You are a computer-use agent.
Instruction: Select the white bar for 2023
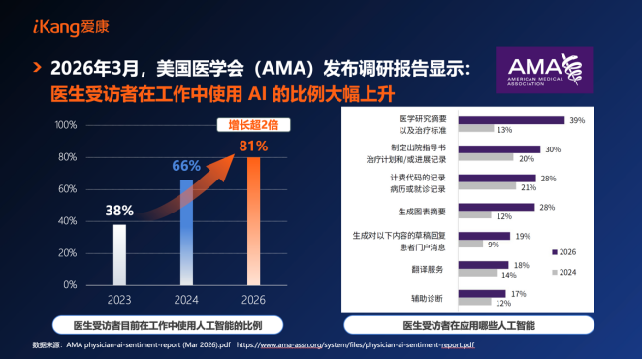(x=119, y=254)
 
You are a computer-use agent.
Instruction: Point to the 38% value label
(x=119, y=210)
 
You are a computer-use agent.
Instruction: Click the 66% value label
(x=186, y=166)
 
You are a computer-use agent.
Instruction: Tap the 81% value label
(x=253, y=145)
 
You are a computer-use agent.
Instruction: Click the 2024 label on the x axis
(x=186, y=299)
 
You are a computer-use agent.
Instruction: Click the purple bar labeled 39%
(x=510, y=121)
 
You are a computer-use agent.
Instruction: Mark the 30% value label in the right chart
(x=552, y=149)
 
